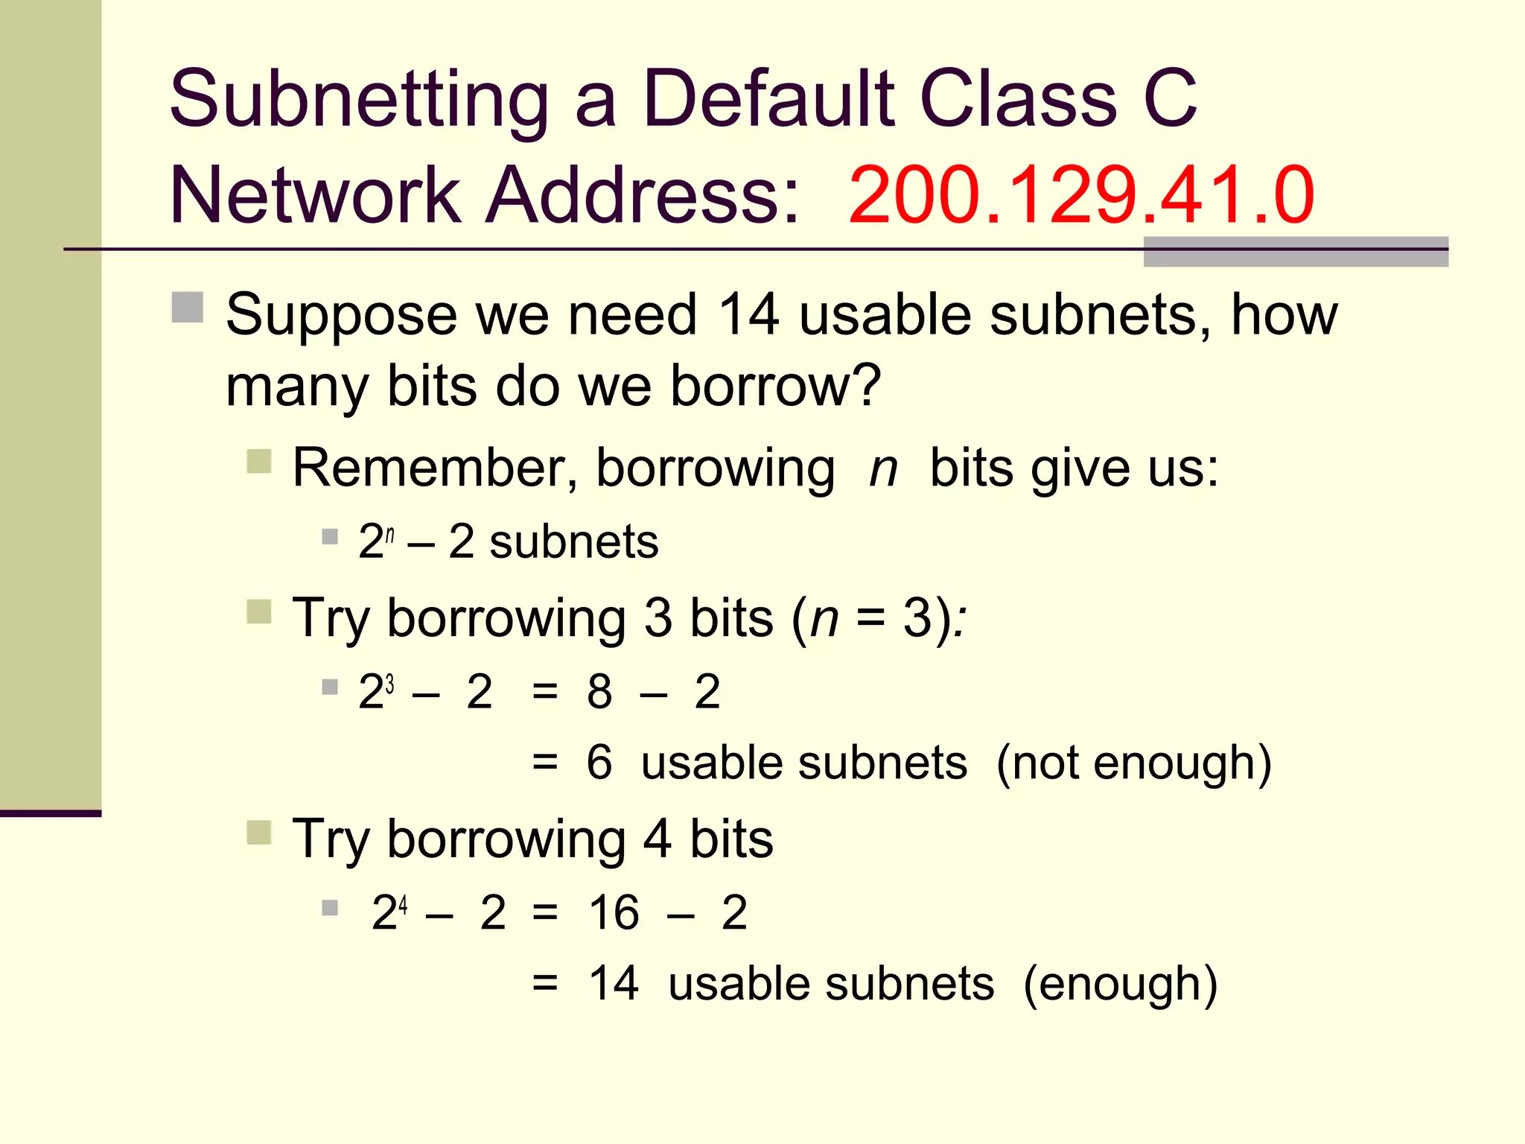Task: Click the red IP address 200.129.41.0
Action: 1081,195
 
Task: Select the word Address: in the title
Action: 642,195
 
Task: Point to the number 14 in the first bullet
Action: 749,314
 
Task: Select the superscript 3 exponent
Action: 389,683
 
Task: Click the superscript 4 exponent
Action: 403,905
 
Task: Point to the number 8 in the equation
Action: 599,692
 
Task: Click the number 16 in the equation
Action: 614,912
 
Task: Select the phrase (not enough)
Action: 1133,763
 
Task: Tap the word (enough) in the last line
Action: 1121,984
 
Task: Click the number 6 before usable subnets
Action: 599,763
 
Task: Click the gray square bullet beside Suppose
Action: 188,308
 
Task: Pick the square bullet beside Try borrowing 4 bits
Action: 259,833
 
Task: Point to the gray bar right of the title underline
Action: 1296,252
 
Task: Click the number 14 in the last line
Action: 614,984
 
